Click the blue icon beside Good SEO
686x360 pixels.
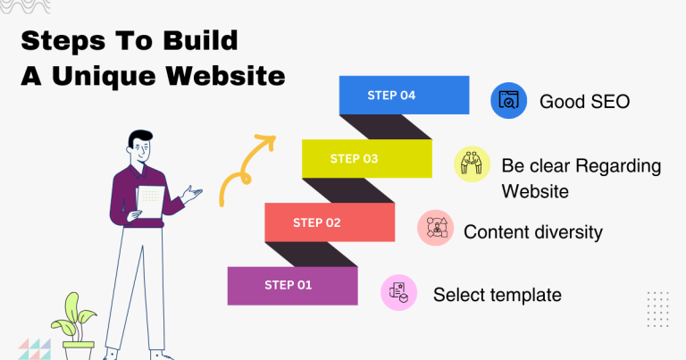(x=509, y=101)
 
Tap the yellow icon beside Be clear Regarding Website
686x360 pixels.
(x=472, y=164)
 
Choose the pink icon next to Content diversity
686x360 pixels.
(x=435, y=229)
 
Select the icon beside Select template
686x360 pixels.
(x=398, y=292)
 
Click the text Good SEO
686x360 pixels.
(x=584, y=102)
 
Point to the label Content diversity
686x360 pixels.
(x=533, y=232)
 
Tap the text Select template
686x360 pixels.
(x=497, y=294)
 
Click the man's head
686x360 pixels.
(x=140, y=146)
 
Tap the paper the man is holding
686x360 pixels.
(x=151, y=201)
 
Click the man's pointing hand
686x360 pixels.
(x=192, y=190)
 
